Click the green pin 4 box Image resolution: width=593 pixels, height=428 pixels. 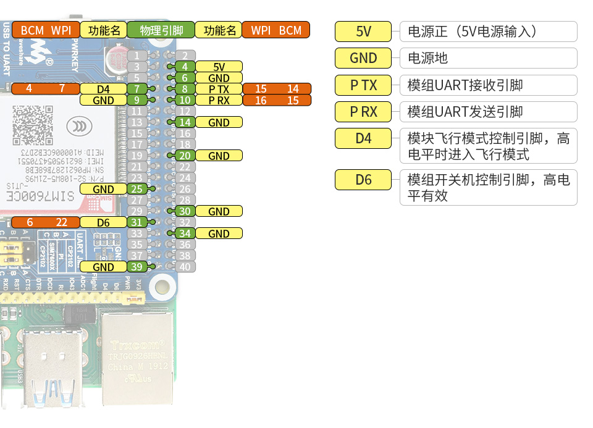[x=185, y=67]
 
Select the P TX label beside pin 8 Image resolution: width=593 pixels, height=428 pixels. [x=219, y=89]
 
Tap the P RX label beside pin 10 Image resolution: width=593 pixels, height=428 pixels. [x=219, y=100]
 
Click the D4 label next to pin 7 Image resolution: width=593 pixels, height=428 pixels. [x=103, y=89]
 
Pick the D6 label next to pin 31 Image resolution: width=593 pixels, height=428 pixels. [x=103, y=222]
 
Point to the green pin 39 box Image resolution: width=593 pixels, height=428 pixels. [x=137, y=267]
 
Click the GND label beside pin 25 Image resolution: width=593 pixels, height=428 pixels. [x=103, y=189]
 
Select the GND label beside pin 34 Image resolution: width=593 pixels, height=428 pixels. [x=219, y=233]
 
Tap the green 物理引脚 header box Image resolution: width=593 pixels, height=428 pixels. [x=161, y=30]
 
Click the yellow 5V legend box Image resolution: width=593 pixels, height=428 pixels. [x=363, y=31]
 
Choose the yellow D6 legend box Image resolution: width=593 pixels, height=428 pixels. [x=363, y=180]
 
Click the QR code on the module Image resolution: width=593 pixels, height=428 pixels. [x=31, y=124]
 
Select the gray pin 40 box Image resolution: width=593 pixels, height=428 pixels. [x=185, y=267]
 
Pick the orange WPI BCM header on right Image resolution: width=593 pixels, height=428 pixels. [x=275, y=30]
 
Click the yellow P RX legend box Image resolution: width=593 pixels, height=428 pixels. [x=363, y=112]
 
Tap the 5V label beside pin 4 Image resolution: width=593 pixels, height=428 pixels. [x=219, y=67]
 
